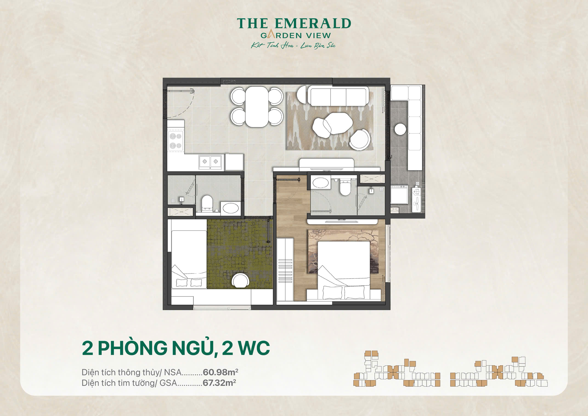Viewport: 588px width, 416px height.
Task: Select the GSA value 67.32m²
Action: tap(219, 383)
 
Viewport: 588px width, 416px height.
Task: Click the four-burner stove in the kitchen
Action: tap(175, 141)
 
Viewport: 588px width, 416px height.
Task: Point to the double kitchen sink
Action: tap(210, 162)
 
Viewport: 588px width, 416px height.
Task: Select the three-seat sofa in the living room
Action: tap(338, 96)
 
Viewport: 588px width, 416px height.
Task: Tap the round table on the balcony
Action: tap(400, 129)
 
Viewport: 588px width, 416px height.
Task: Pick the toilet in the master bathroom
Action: tap(345, 187)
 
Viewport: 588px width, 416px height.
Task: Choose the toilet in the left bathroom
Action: tap(207, 203)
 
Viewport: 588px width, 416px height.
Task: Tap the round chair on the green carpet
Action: tap(240, 281)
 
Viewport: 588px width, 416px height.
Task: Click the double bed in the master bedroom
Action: tap(344, 269)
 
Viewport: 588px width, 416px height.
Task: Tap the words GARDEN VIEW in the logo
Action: tap(296, 36)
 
